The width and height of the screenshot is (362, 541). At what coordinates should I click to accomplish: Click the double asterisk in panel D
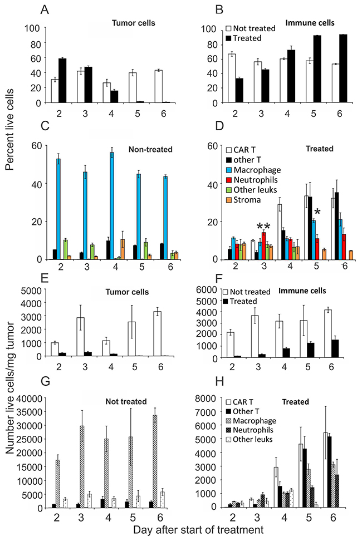[x=263, y=226]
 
